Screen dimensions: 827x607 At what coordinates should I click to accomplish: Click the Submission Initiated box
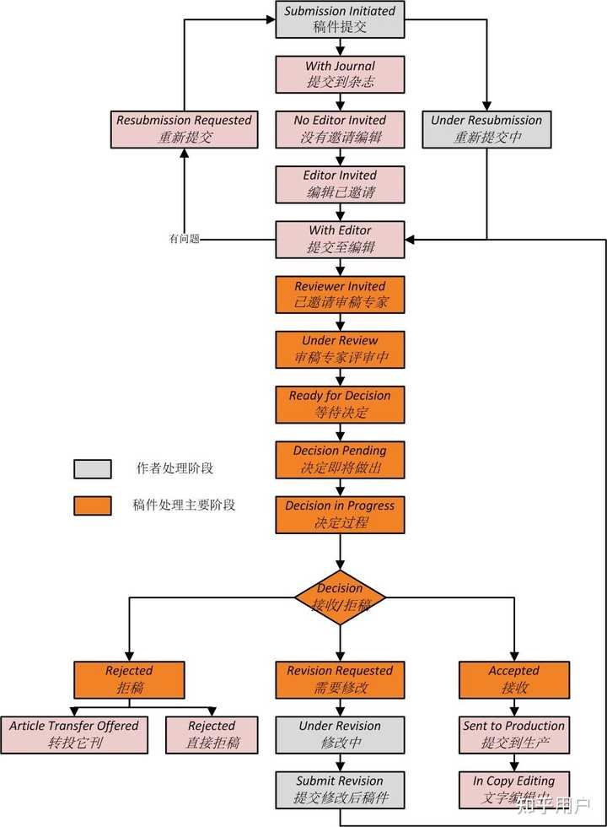[x=340, y=19]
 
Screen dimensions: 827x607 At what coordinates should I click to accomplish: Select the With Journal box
[x=340, y=74]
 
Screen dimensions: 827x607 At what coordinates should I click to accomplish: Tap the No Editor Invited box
[x=340, y=129]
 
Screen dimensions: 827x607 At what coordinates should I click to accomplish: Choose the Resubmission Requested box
[x=184, y=129]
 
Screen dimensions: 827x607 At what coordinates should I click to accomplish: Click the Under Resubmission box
[x=486, y=129]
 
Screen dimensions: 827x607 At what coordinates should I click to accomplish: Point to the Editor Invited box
[x=340, y=184]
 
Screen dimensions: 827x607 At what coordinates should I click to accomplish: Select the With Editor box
[x=340, y=239]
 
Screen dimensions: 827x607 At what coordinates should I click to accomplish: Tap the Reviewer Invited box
[x=340, y=295]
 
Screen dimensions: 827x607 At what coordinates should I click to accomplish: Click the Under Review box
[x=340, y=349]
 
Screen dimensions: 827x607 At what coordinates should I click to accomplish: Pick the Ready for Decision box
[x=340, y=404]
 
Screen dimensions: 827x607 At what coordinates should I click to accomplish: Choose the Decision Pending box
[x=340, y=459]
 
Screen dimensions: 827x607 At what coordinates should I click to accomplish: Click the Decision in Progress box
[x=340, y=514]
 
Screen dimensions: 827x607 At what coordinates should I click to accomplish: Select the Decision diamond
[x=340, y=597]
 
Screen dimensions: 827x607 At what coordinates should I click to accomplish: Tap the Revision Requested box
[x=340, y=679]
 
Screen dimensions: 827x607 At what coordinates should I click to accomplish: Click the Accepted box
[x=513, y=679]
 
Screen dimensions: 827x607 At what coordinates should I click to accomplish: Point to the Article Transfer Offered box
[x=74, y=734]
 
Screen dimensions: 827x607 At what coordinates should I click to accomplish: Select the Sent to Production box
[x=513, y=734]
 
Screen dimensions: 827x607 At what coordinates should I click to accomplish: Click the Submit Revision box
[x=340, y=789]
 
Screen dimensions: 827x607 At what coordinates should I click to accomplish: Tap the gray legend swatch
[x=92, y=468]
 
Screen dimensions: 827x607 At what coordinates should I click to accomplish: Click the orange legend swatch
[x=92, y=505]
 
